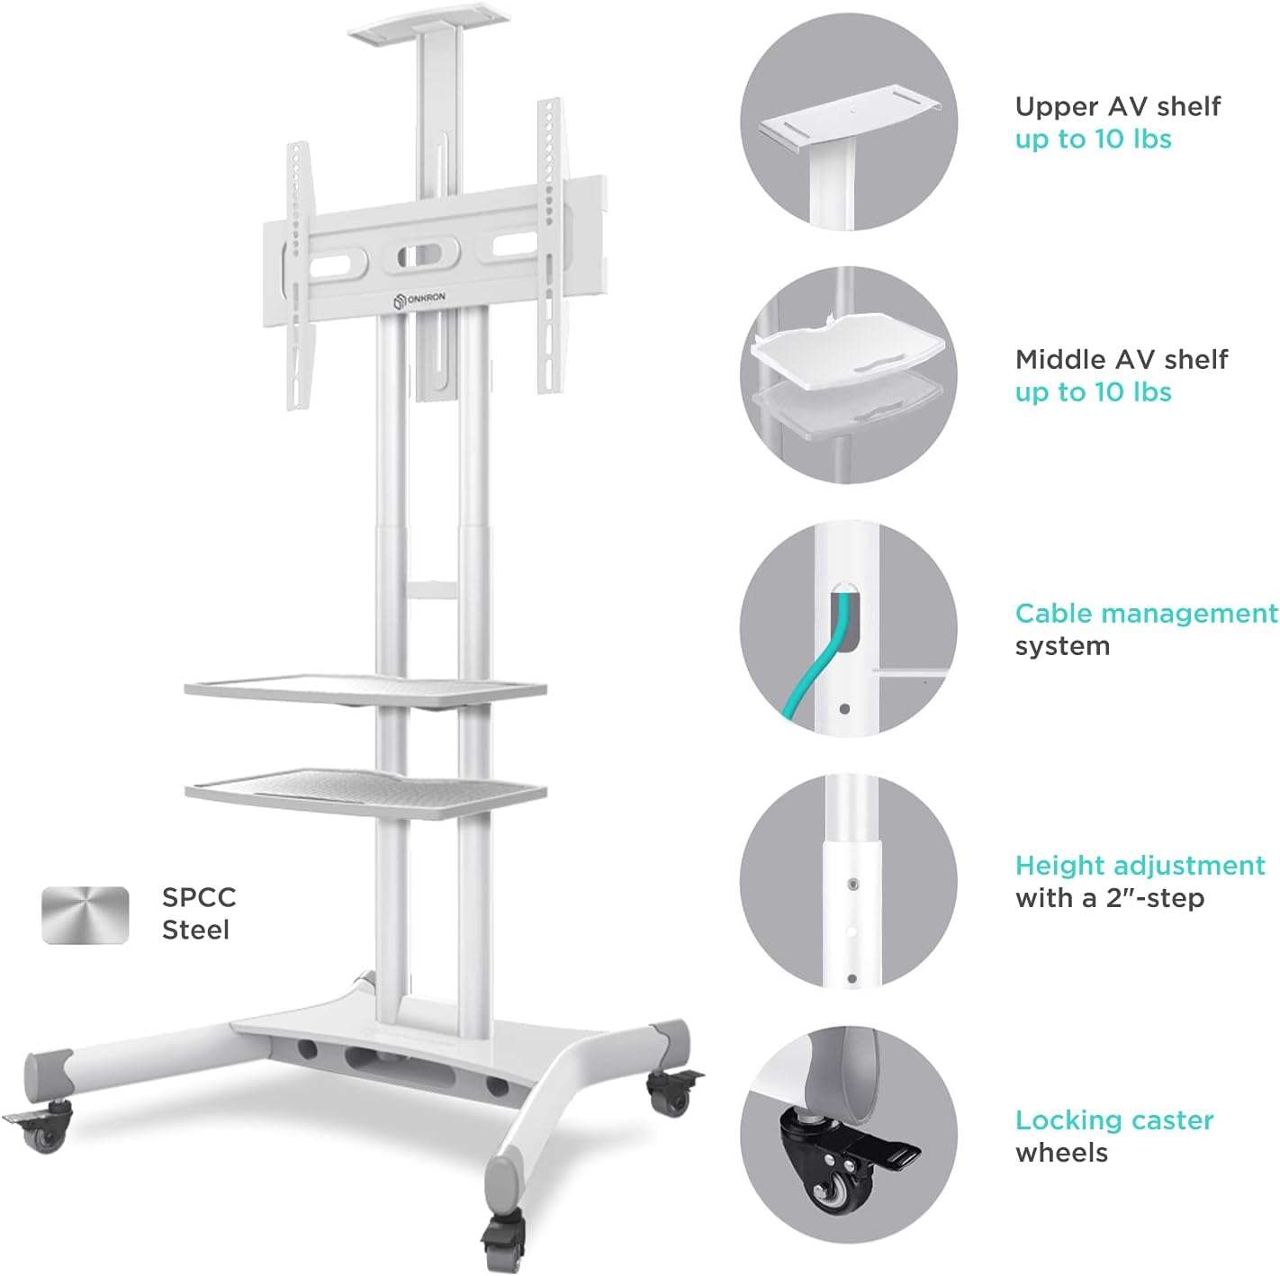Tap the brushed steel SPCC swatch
click(x=85, y=914)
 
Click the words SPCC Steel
click(x=199, y=913)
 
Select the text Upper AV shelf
click(x=1117, y=106)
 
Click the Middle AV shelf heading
click(x=1122, y=359)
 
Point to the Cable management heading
click(x=1147, y=613)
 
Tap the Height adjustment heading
click(x=1140, y=866)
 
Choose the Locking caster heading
click(x=1114, y=1120)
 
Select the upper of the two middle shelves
click(x=365, y=689)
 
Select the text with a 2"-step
click(x=1109, y=899)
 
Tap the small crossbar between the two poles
click(x=432, y=589)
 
